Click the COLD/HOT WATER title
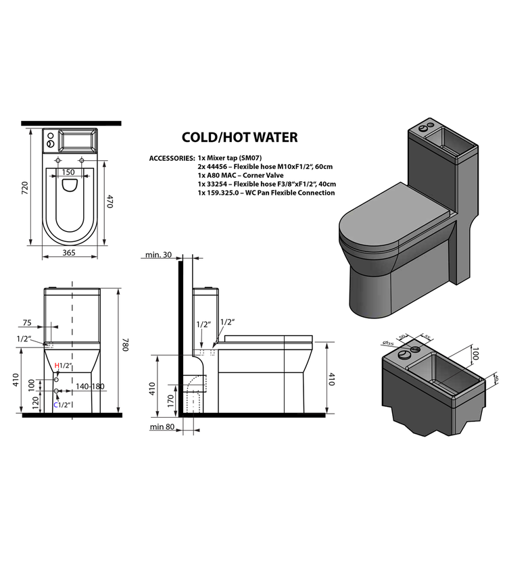click(x=239, y=138)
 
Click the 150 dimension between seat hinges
click(x=68, y=172)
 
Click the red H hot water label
click(x=57, y=366)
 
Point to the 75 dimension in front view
click(x=27, y=322)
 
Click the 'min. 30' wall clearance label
click(x=159, y=254)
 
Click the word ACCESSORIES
click(x=171, y=157)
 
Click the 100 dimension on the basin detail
click(x=476, y=353)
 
